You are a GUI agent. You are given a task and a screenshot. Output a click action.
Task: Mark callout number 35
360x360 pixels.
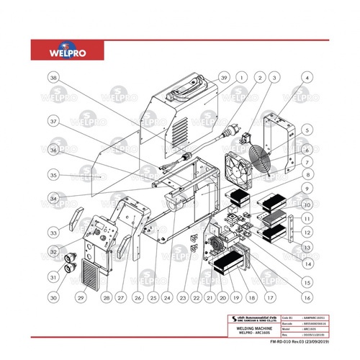pyautogui.click(x=53, y=174)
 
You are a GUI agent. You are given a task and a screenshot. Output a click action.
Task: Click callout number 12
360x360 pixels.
pyautogui.click(x=307, y=232)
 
